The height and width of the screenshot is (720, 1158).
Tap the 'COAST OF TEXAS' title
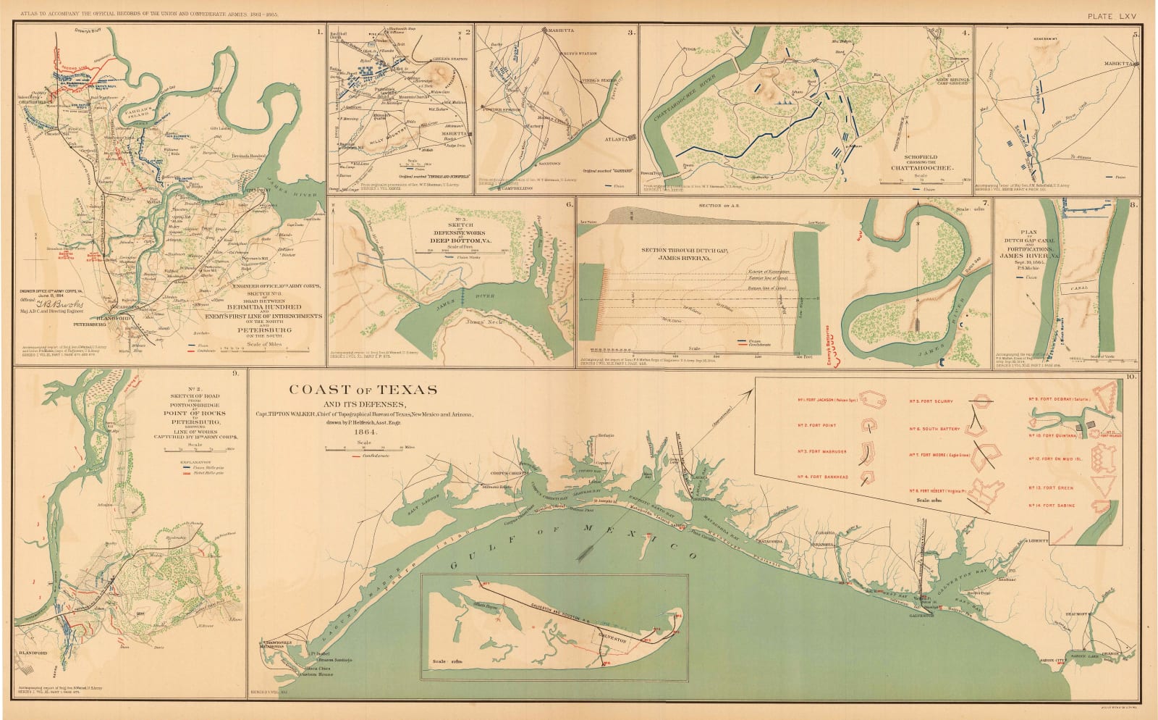point(363,390)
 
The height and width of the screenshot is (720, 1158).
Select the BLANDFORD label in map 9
point(31,660)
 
